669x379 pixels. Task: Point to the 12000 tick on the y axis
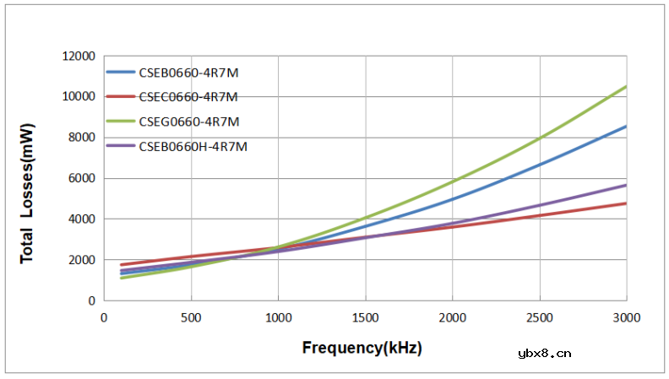click(x=79, y=56)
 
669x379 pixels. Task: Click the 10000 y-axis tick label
click(x=79, y=96)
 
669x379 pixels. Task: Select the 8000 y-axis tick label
click(x=81, y=138)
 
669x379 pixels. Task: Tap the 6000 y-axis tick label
click(x=81, y=178)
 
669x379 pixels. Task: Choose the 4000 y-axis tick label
click(x=81, y=219)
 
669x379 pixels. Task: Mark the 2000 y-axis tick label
click(x=81, y=260)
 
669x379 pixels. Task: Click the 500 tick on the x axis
click(x=191, y=317)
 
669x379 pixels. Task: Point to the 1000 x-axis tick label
click(x=278, y=317)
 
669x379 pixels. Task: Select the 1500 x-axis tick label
click(x=365, y=317)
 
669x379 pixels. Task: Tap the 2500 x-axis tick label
click(x=539, y=317)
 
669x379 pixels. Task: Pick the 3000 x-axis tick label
click(x=626, y=317)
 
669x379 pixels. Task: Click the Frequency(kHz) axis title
click(x=362, y=348)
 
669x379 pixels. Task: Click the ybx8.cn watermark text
click(x=545, y=354)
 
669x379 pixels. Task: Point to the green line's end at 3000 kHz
click(x=626, y=87)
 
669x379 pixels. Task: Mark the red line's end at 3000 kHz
click(x=626, y=203)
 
